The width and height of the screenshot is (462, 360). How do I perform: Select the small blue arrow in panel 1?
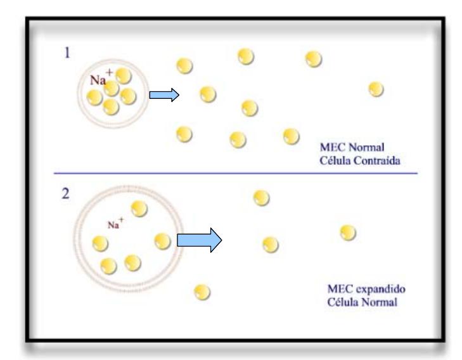click(164, 95)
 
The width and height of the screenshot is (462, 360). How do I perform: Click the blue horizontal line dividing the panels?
click(235, 173)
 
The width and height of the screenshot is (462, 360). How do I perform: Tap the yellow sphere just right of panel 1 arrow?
click(207, 94)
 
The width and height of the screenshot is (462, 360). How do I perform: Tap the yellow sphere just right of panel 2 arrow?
click(271, 243)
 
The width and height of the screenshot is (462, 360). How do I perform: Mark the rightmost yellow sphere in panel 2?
click(347, 233)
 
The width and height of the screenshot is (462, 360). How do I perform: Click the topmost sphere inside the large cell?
click(139, 209)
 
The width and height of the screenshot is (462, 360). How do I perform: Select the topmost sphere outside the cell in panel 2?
click(260, 198)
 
